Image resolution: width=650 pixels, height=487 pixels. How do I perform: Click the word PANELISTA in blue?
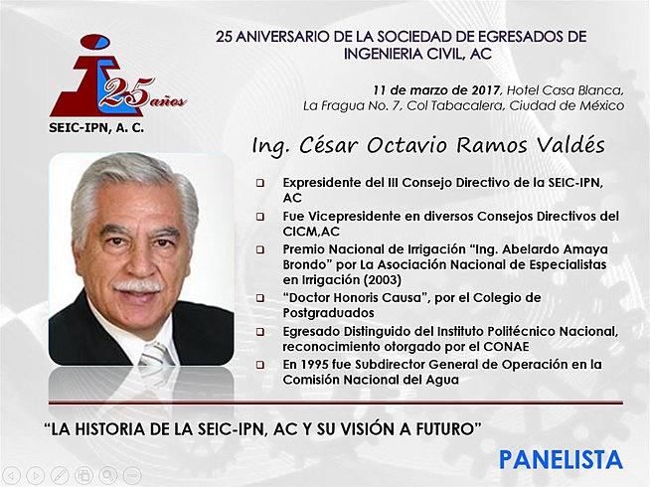[561, 459]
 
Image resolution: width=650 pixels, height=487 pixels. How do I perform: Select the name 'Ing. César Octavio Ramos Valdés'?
[428, 146]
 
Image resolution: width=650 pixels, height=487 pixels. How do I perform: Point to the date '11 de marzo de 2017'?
[434, 88]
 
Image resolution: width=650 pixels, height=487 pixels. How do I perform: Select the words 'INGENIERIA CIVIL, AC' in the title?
[402, 54]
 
